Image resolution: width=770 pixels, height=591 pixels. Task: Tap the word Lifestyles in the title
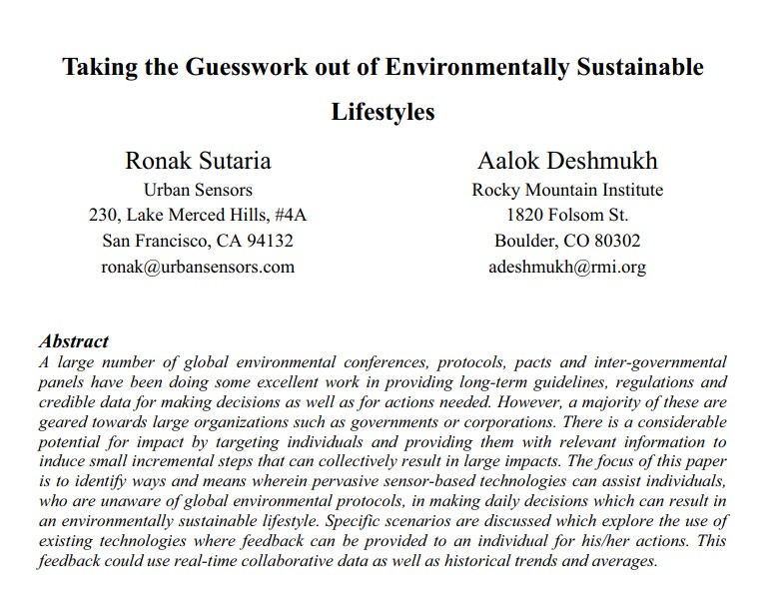tap(384, 112)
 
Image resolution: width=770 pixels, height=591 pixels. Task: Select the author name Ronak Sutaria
tap(198, 161)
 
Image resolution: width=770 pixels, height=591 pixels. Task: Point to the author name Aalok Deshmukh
tap(567, 161)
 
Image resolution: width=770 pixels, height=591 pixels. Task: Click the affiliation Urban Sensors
tap(198, 189)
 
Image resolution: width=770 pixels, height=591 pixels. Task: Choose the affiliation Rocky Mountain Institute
tap(567, 189)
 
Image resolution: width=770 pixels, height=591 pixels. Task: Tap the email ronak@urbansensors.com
tap(198, 267)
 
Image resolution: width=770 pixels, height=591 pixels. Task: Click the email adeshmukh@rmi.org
tap(567, 267)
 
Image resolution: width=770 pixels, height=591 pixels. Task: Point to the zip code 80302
tap(614, 241)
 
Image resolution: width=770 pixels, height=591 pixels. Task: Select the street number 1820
tap(525, 215)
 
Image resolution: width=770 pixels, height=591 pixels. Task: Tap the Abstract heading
tap(73, 341)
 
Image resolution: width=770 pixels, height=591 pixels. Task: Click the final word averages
tap(620, 560)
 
